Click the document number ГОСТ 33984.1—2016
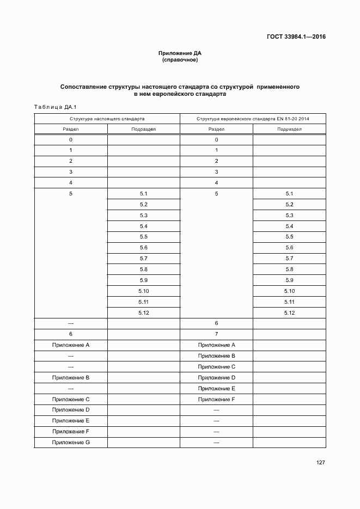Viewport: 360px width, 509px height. point(296,38)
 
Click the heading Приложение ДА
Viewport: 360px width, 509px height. point(180,53)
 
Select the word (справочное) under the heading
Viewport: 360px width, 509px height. point(180,60)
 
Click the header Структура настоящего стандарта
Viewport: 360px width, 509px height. point(107,118)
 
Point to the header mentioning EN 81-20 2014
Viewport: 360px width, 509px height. point(253,118)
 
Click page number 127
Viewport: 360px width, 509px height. point(320,463)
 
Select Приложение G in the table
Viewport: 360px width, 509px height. point(71,442)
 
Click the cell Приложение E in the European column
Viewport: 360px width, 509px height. point(216,388)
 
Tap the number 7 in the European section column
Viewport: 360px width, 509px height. point(216,334)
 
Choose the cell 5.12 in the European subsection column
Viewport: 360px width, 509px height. point(289,312)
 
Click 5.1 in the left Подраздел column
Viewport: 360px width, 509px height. point(144,194)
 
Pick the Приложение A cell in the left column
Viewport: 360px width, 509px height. point(71,345)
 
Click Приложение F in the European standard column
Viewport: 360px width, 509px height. point(216,399)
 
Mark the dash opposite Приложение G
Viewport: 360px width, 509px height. point(216,442)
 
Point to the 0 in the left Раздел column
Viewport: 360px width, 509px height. point(71,140)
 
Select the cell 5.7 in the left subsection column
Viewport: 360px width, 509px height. point(144,259)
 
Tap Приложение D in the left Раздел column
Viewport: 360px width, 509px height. point(71,409)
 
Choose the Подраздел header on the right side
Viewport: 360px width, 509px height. point(289,129)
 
